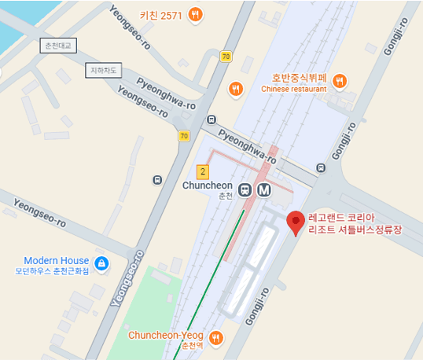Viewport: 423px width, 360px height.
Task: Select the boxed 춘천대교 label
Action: click(x=56, y=46)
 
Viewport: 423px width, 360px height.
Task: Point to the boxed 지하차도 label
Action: click(x=103, y=71)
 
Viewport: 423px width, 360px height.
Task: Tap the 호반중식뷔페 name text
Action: click(x=299, y=78)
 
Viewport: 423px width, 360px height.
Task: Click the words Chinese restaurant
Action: click(x=293, y=90)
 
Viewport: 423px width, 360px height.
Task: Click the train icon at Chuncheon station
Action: click(x=246, y=189)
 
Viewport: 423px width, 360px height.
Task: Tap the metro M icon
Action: click(x=264, y=189)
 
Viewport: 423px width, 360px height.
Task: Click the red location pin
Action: click(x=295, y=222)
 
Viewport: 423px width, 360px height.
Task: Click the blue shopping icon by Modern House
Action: click(x=101, y=264)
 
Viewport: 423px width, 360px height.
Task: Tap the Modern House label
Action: click(x=56, y=260)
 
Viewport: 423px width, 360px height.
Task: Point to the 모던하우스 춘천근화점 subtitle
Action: click(x=52, y=272)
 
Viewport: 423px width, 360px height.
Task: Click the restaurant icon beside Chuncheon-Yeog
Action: click(x=215, y=338)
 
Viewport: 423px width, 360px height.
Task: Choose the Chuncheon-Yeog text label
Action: click(x=167, y=335)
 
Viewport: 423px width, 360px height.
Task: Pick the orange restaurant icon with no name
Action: click(x=234, y=89)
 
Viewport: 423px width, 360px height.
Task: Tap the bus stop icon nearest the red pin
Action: click(x=320, y=167)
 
